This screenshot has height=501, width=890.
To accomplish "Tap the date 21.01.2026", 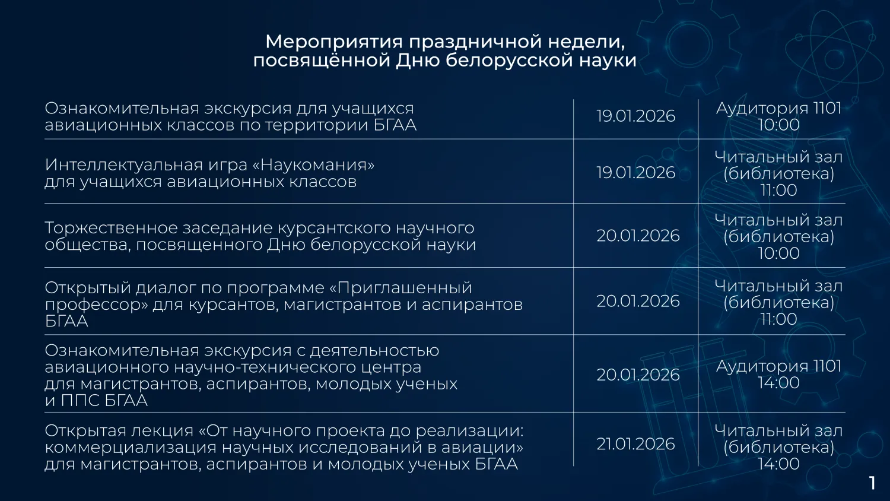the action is (635, 444).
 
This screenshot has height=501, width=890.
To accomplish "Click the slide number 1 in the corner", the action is (872, 483).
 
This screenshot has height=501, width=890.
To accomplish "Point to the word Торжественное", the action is (111, 228).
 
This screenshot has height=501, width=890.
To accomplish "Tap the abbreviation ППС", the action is (80, 401).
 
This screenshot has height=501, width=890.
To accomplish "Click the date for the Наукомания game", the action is (635, 173).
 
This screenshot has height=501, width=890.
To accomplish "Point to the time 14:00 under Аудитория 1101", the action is (778, 383).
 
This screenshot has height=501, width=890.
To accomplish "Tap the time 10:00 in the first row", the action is (778, 125).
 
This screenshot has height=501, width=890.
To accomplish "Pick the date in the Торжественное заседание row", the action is (638, 236).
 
